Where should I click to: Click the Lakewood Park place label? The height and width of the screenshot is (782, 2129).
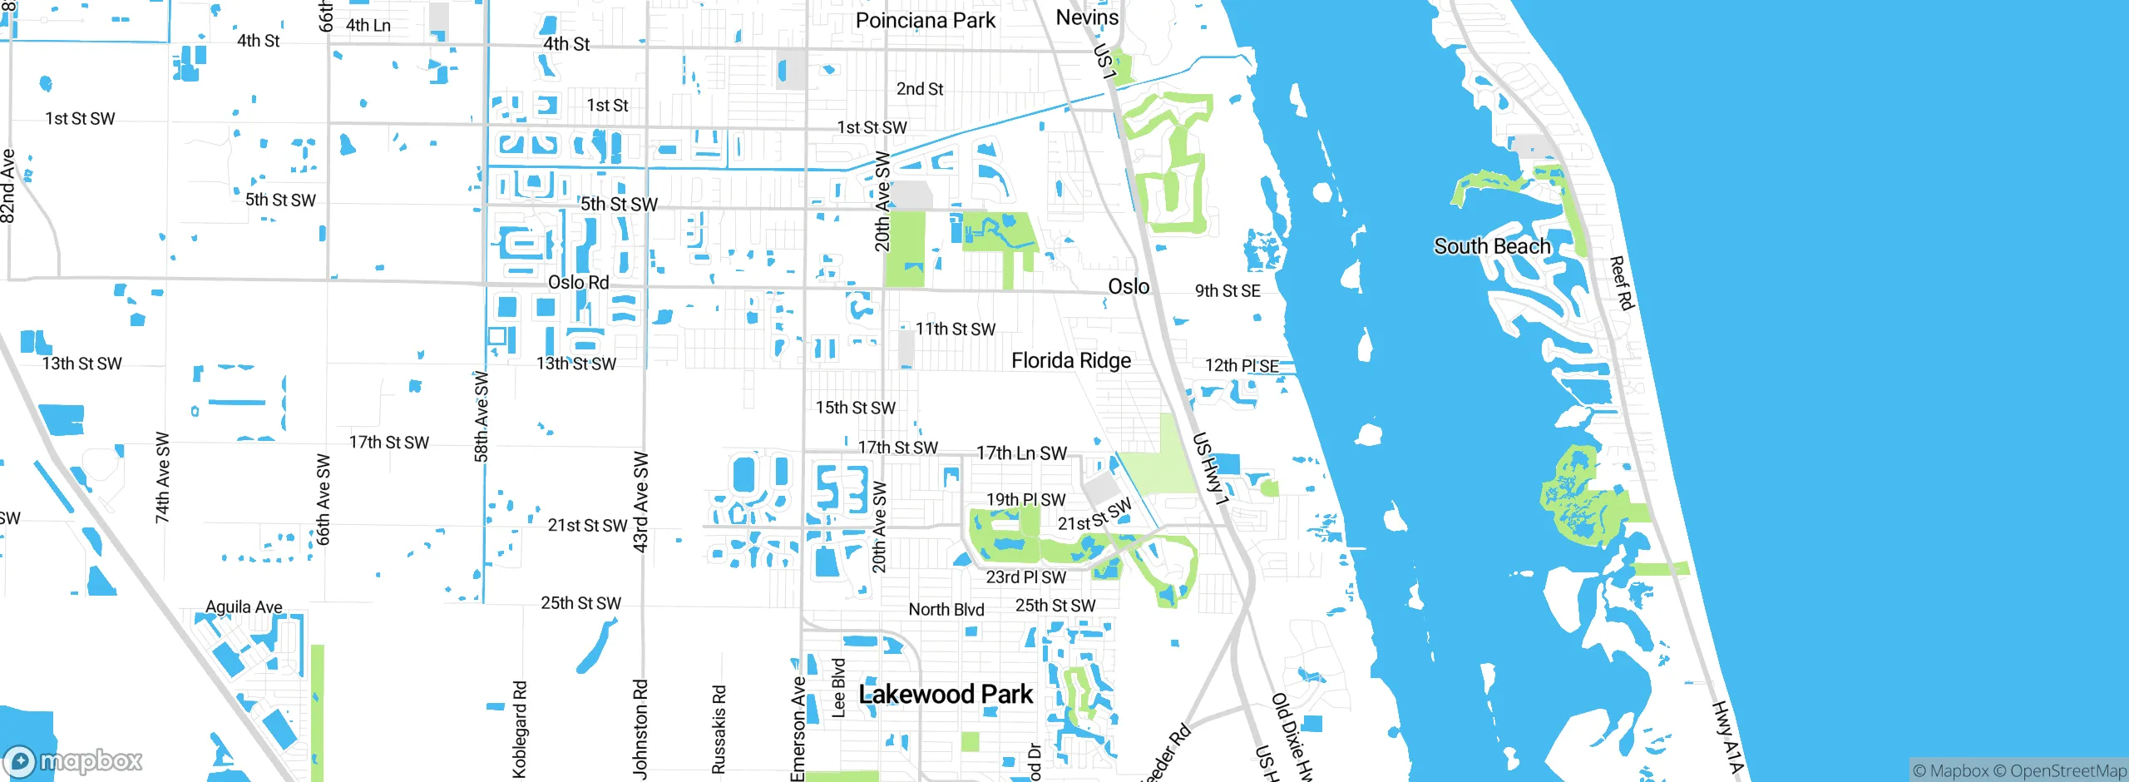coord(946,694)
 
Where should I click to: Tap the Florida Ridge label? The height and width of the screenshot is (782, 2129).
coord(1071,360)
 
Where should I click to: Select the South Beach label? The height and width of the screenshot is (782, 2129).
coord(1492,246)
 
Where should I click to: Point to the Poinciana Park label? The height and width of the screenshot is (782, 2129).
coord(925,21)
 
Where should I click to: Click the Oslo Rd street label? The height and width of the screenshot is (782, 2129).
coord(578,283)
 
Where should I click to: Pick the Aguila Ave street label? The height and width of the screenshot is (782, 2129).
coord(244,607)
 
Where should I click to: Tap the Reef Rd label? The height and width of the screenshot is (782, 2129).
coord(1621,283)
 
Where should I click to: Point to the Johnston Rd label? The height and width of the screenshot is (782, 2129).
coord(640,729)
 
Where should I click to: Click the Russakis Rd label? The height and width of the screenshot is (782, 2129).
coord(719,730)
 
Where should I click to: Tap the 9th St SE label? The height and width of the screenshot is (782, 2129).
coord(1228,291)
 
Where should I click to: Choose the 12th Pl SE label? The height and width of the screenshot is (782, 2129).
coord(1242,366)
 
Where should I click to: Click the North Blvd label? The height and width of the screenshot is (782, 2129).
coord(946,610)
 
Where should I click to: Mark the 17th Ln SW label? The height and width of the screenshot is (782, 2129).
coord(1021,453)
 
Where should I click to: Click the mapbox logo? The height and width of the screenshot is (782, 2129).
coord(73,760)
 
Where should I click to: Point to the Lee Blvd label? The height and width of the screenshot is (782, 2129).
coord(839,688)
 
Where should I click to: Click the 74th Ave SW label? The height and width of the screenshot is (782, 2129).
coord(162,478)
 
